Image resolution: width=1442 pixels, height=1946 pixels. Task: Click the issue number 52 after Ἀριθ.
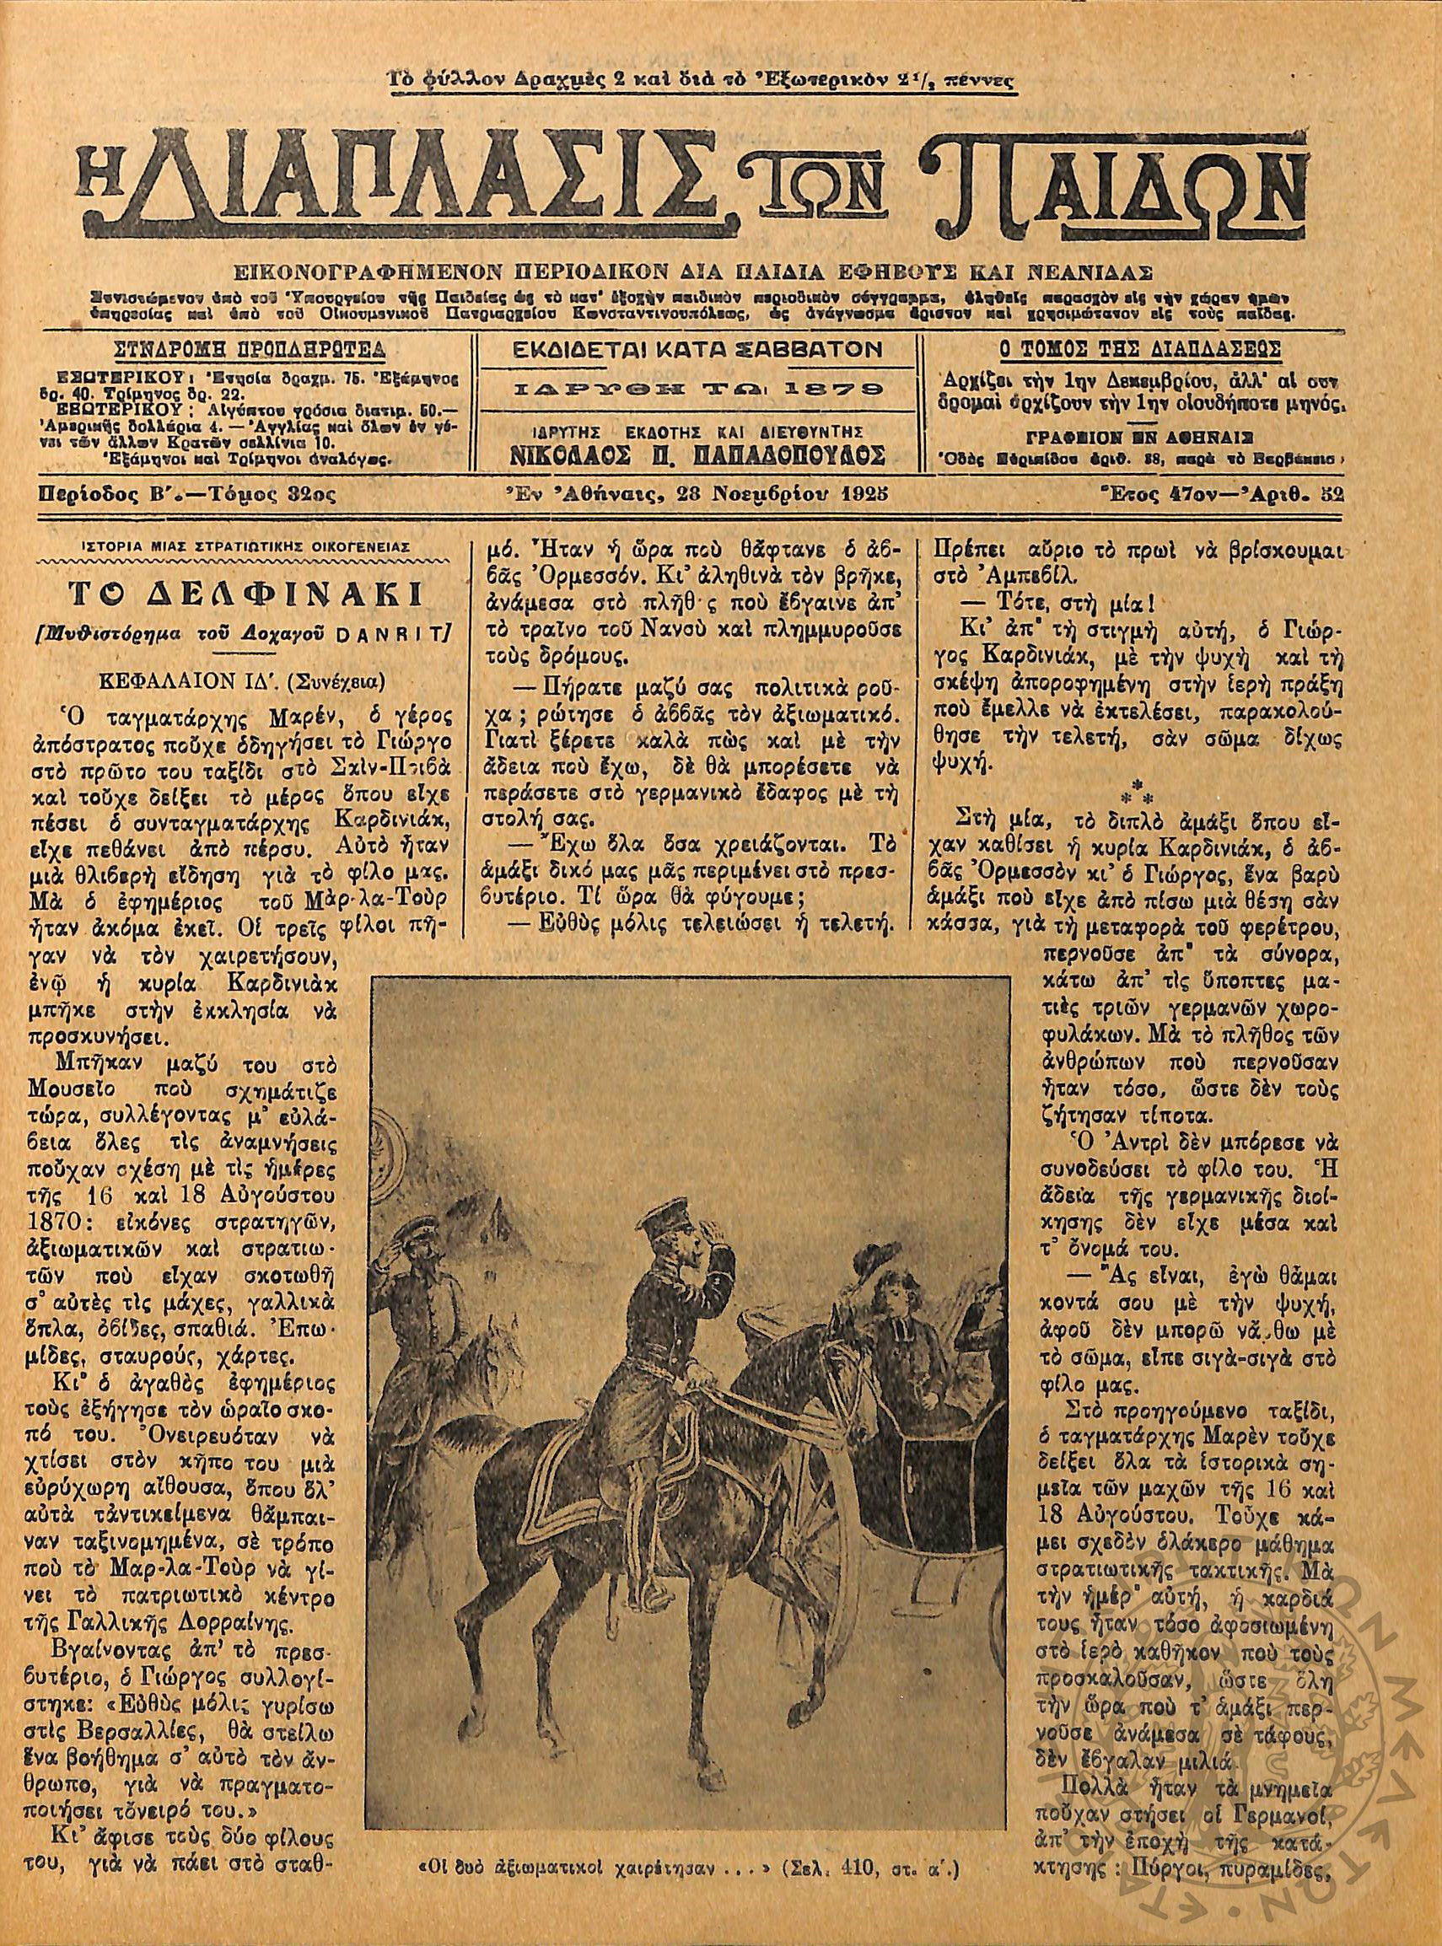tap(1332, 495)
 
